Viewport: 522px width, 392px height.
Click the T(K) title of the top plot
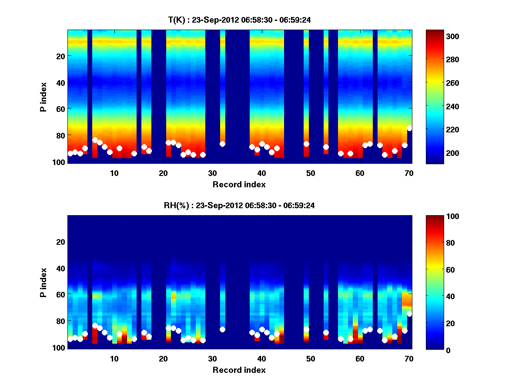pyautogui.click(x=239, y=20)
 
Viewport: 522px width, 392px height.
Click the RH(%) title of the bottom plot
pyautogui.click(x=239, y=205)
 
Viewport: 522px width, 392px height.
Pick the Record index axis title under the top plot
pyautogui.click(x=239, y=184)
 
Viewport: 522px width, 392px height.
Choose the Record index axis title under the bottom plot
pyautogui.click(x=239, y=370)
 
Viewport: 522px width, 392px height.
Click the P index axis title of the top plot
pyautogui.click(x=43, y=97)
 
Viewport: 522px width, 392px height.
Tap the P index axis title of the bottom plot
pyautogui.click(x=43, y=282)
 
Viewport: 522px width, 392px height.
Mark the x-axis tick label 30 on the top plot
pyautogui.click(x=212, y=173)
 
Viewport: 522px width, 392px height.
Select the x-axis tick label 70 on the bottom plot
pyautogui.click(x=409, y=358)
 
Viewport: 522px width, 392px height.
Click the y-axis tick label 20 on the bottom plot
pyautogui.click(x=60, y=242)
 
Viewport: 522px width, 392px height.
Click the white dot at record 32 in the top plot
pyautogui.click(x=222, y=144)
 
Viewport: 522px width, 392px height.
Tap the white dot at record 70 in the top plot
pyautogui.click(x=409, y=128)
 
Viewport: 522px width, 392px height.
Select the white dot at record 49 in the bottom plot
pyautogui.click(x=306, y=329)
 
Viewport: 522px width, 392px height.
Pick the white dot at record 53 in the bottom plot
pyautogui.click(x=326, y=333)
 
